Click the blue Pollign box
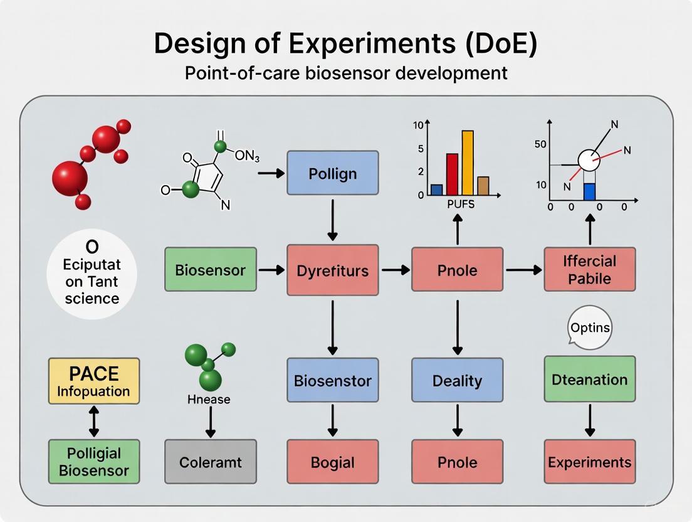(332, 173)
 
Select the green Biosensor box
(210, 270)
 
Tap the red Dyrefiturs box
(332, 270)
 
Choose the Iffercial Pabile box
(589, 269)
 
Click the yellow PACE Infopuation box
(93, 381)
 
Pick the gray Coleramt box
(210, 462)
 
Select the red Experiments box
(589, 462)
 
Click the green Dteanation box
(589, 379)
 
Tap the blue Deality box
(457, 380)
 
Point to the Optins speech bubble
(589, 328)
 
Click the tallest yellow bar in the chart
(467, 162)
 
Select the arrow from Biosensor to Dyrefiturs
(271, 270)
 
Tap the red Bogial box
(332, 462)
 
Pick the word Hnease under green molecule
(209, 399)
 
